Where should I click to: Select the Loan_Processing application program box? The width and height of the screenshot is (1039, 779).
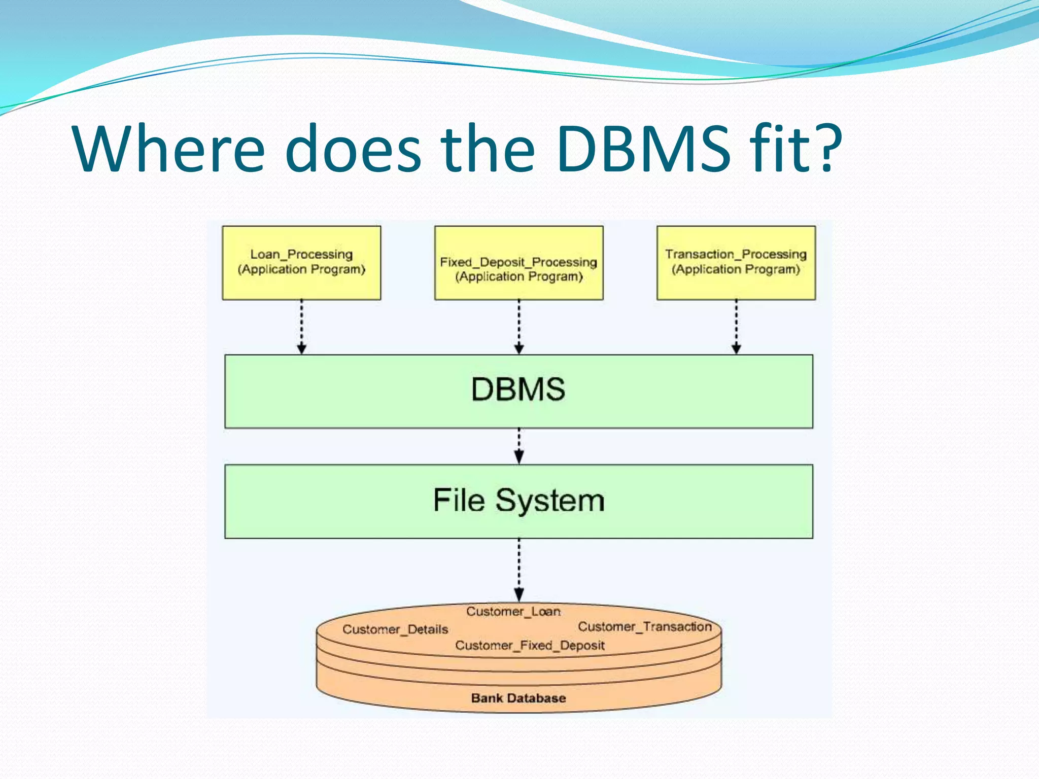(x=301, y=263)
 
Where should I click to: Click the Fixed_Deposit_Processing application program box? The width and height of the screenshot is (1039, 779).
(x=518, y=263)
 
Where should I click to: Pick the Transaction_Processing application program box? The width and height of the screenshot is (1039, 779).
(x=736, y=263)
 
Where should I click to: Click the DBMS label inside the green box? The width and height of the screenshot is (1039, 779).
(x=518, y=389)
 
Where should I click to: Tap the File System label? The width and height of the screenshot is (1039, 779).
(x=518, y=501)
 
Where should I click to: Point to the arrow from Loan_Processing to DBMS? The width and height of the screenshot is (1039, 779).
(x=301, y=327)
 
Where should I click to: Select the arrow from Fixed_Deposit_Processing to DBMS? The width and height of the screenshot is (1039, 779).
(x=518, y=327)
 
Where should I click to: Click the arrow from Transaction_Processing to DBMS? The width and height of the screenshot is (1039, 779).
(x=736, y=327)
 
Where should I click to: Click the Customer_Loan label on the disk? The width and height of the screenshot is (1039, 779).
(x=513, y=612)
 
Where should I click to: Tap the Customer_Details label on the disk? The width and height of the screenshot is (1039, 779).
(x=395, y=629)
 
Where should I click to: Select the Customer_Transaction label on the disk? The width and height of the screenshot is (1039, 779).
(x=645, y=627)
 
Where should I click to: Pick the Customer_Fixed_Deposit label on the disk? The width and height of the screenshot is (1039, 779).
(x=530, y=646)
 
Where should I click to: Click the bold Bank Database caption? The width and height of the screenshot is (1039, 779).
(x=518, y=698)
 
